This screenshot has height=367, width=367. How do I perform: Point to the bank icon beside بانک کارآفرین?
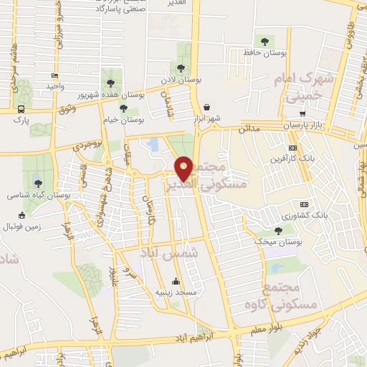tap(291, 147)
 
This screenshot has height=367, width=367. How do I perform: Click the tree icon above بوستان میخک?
tap(277, 230)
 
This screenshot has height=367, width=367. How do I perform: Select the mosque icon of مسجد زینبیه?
tap(176, 281)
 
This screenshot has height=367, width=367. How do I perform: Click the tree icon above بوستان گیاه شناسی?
tap(37, 183)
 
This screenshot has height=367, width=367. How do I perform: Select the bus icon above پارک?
tap(21, 110)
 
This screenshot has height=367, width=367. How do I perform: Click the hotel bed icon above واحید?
tap(54, 76)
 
